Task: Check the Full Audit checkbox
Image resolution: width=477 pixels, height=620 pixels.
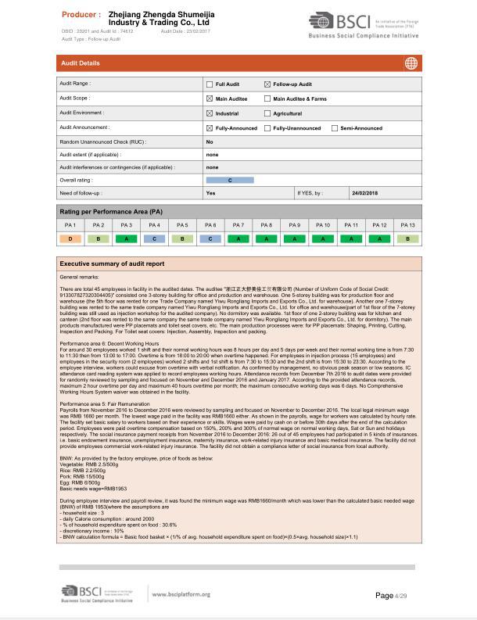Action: pyautogui.click(x=210, y=84)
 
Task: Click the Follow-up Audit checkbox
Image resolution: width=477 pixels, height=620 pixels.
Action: pyautogui.click(x=267, y=84)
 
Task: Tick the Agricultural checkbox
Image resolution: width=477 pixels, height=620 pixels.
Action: pyautogui.click(x=267, y=113)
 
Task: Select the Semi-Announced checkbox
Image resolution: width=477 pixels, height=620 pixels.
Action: pyautogui.click(x=335, y=128)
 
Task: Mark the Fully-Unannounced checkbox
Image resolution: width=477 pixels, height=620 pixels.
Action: pyautogui.click(x=267, y=128)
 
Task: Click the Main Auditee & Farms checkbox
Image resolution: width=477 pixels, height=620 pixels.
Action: pyautogui.click(x=267, y=99)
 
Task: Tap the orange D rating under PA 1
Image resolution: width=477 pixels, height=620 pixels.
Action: pyautogui.click(x=70, y=238)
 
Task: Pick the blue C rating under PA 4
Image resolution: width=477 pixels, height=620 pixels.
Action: pyautogui.click(x=154, y=238)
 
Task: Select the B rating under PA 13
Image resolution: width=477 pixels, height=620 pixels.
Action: pyautogui.click(x=407, y=238)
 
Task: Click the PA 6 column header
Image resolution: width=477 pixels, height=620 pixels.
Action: pyautogui.click(x=210, y=225)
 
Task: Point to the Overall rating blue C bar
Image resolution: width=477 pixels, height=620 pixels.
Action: pyautogui.click(x=230, y=180)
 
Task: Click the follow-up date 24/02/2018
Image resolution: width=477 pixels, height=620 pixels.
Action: pyautogui.click(x=364, y=193)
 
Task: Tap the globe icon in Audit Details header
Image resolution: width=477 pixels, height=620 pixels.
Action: pyautogui.click(x=411, y=63)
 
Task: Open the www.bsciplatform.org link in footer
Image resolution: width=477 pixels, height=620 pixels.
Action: pyautogui.click(x=180, y=594)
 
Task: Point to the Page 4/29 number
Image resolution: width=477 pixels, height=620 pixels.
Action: pyautogui.click(x=392, y=596)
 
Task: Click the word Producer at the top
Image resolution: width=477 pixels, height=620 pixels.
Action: pyautogui.click(x=81, y=15)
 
